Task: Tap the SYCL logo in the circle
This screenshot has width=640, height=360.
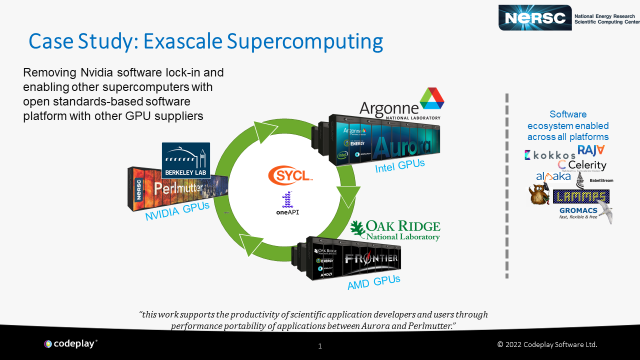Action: click(x=290, y=175)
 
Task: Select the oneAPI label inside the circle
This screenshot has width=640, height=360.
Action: click(x=287, y=212)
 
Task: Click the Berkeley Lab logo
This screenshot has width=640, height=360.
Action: click(x=186, y=161)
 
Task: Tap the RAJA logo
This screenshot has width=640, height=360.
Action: click(x=591, y=150)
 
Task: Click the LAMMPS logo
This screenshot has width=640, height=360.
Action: click(x=581, y=196)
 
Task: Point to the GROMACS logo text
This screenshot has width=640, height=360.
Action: click(x=578, y=211)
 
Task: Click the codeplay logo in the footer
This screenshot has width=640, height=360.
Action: click(x=70, y=343)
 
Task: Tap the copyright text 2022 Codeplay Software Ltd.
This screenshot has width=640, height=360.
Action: click(x=547, y=344)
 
